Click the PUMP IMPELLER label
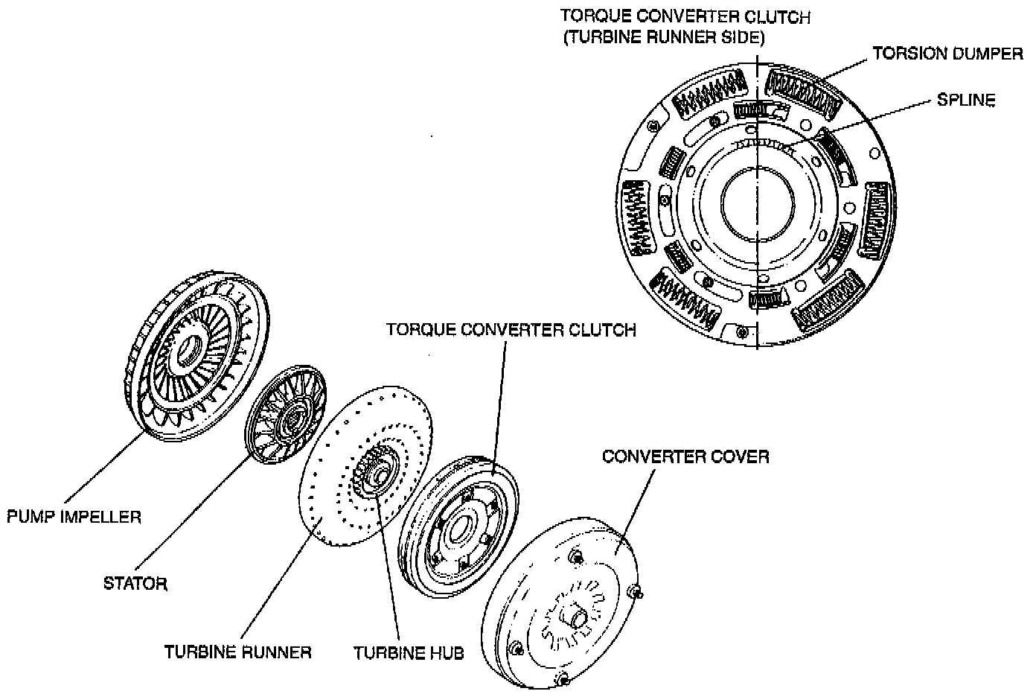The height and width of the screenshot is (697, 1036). [x=74, y=516]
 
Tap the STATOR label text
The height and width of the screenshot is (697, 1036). [x=135, y=583]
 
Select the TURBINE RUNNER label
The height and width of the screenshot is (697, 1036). [x=237, y=652]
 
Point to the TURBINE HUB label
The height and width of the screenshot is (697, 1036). [x=409, y=653]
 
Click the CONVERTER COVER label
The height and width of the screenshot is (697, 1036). [x=685, y=456]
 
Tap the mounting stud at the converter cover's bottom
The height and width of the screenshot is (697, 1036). [x=562, y=678]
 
